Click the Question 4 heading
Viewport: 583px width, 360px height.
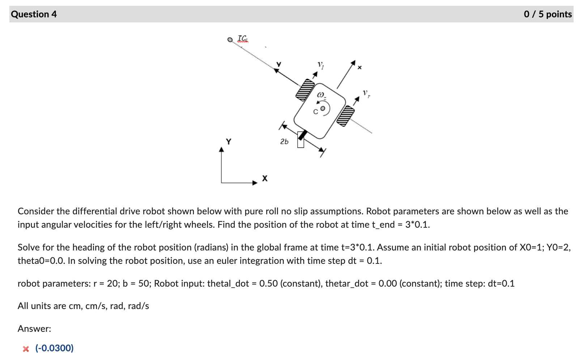click(x=34, y=14)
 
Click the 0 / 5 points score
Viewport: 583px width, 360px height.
click(x=548, y=14)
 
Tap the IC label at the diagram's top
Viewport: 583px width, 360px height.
click(x=243, y=38)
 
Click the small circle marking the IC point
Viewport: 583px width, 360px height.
click(x=230, y=40)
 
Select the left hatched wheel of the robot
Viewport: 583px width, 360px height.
click(x=305, y=90)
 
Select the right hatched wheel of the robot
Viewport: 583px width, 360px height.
click(x=345, y=116)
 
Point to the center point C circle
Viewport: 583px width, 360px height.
click(x=323, y=108)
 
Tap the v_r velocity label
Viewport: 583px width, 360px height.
click(x=366, y=94)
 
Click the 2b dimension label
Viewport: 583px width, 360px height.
click(x=284, y=142)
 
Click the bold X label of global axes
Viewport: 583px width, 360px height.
click(x=265, y=178)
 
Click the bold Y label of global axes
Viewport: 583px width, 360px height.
click(x=229, y=141)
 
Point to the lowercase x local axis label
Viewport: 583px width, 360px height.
click(x=359, y=67)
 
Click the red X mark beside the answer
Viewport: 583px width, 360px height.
click(x=26, y=349)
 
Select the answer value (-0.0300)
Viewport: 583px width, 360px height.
click(x=54, y=348)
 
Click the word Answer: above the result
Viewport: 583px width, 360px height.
click(x=34, y=329)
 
